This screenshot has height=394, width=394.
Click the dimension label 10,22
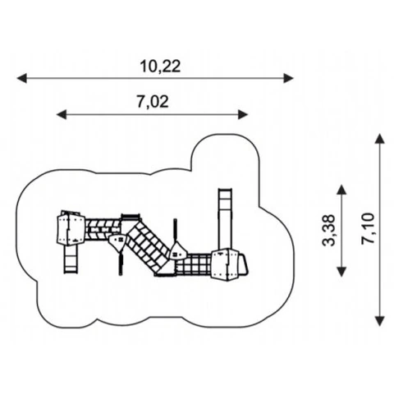(x=160, y=66)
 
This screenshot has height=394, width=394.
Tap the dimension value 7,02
(x=153, y=102)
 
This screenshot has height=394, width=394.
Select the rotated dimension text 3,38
(x=328, y=231)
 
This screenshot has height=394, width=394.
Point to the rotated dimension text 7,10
(x=368, y=228)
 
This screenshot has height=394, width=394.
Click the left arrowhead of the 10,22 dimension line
(x=22, y=78)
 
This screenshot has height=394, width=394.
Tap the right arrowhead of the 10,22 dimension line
(x=288, y=78)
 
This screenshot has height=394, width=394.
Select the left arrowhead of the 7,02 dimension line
(x=62, y=114)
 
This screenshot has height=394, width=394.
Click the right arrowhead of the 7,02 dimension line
(x=243, y=114)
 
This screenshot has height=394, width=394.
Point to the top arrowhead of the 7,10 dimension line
(x=379, y=139)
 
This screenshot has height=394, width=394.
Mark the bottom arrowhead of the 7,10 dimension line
(x=379, y=321)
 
